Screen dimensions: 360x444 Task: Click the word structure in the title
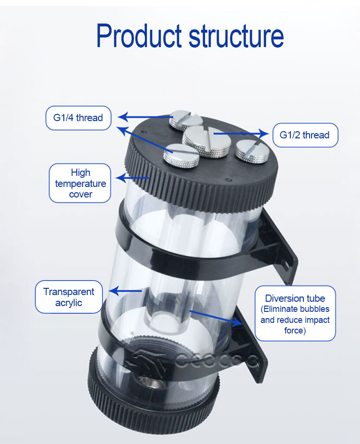pyautogui.click(x=236, y=36)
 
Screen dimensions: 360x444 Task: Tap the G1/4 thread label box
pyautogui.click(x=78, y=118)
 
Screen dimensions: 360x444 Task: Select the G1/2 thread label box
pyautogui.click(x=305, y=135)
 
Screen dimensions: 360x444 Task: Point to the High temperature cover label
pyautogui.click(x=80, y=183)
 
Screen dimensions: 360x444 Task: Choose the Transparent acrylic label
pyautogui.click(x=69, y=297)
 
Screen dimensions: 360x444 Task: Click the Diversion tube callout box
pyautogui.click(x=295, y=313)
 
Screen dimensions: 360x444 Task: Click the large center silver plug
pyautogui.click(x=205, y=142)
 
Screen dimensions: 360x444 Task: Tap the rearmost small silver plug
pyautogui.click(x=186, y=120)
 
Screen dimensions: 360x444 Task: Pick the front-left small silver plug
pyautogui.click(x=181, y=155)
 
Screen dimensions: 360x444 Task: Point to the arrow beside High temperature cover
pyautogui.click(x=132, y=178)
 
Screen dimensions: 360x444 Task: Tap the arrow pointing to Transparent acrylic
pyautogui.click(x=125, y=291)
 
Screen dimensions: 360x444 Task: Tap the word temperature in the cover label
pyautogui.click(x=81, y=184)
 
